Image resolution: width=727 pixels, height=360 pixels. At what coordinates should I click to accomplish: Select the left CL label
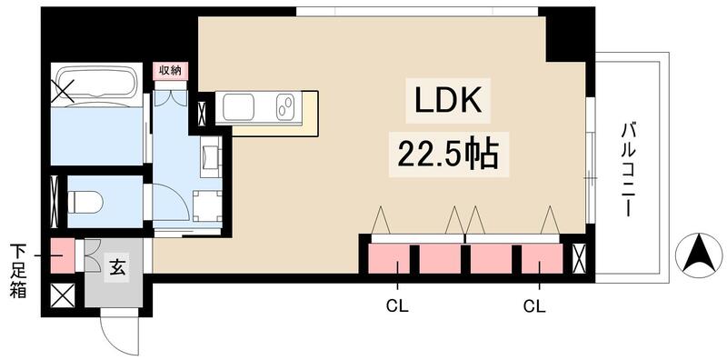click(396, 305)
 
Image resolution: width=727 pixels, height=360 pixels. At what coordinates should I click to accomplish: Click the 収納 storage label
click(170, 70)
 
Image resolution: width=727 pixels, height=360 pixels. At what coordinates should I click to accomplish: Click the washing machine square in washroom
click(207, 205)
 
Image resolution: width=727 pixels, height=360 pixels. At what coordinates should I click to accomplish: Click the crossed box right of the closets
click(577, 258)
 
